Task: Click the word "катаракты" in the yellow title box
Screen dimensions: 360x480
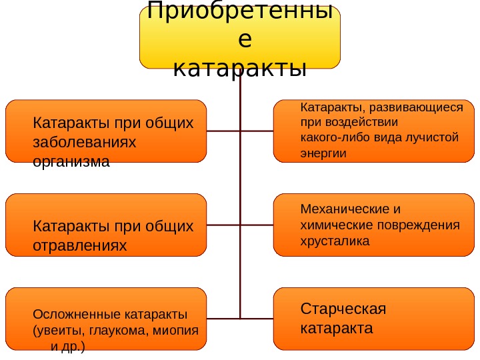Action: click(x=239, y=68)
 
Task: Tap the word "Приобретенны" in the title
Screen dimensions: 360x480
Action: click(x=239, y=11)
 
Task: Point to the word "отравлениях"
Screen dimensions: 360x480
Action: click(x=79, y=246)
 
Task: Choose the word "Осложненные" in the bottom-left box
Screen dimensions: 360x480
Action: click(x=71, y=314)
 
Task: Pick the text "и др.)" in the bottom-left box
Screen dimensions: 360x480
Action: click(x=67, y=347)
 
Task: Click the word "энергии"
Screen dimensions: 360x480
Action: click(x=324, y=153)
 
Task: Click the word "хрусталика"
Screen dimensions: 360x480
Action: click(x=335, y=240)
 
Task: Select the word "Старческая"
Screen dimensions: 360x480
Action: click(x=343, y=309)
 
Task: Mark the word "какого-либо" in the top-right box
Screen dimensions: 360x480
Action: click(x=330, y=137)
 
